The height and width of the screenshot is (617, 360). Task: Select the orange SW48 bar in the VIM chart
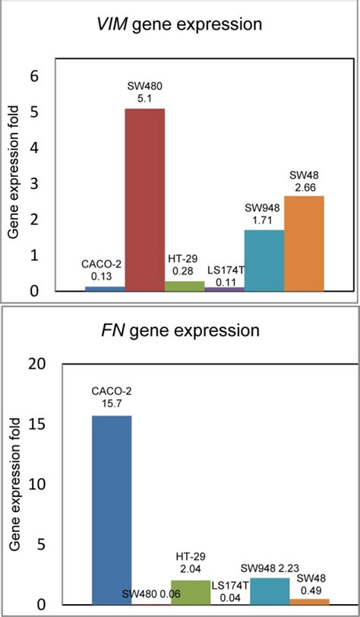click(304, 244)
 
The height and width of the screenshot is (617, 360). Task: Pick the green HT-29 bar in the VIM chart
click(185, 286)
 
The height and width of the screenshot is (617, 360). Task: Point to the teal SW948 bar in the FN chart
click(270, 590)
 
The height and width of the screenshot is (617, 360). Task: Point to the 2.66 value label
click(305, 185)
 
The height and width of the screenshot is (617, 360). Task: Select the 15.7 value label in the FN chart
click(111, 404)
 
